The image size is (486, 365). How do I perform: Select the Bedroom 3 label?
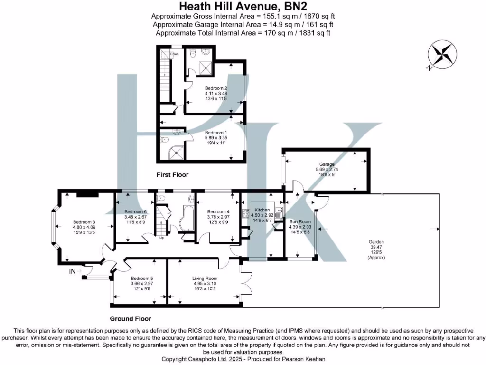[84, 222]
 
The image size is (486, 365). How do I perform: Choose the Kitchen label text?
[262, 210]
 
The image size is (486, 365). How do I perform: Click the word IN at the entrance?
[73, 271]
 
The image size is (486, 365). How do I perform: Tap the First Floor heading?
[173, 175]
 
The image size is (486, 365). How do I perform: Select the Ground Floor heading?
[131, 319]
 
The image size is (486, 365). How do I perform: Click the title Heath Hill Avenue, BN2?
[243, 7]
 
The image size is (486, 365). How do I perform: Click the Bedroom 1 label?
[216, 133]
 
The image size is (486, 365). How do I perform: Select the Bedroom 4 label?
[218, 211]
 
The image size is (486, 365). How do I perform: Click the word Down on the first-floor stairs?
[175, 54]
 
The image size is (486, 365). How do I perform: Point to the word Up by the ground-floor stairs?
[161, 238]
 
